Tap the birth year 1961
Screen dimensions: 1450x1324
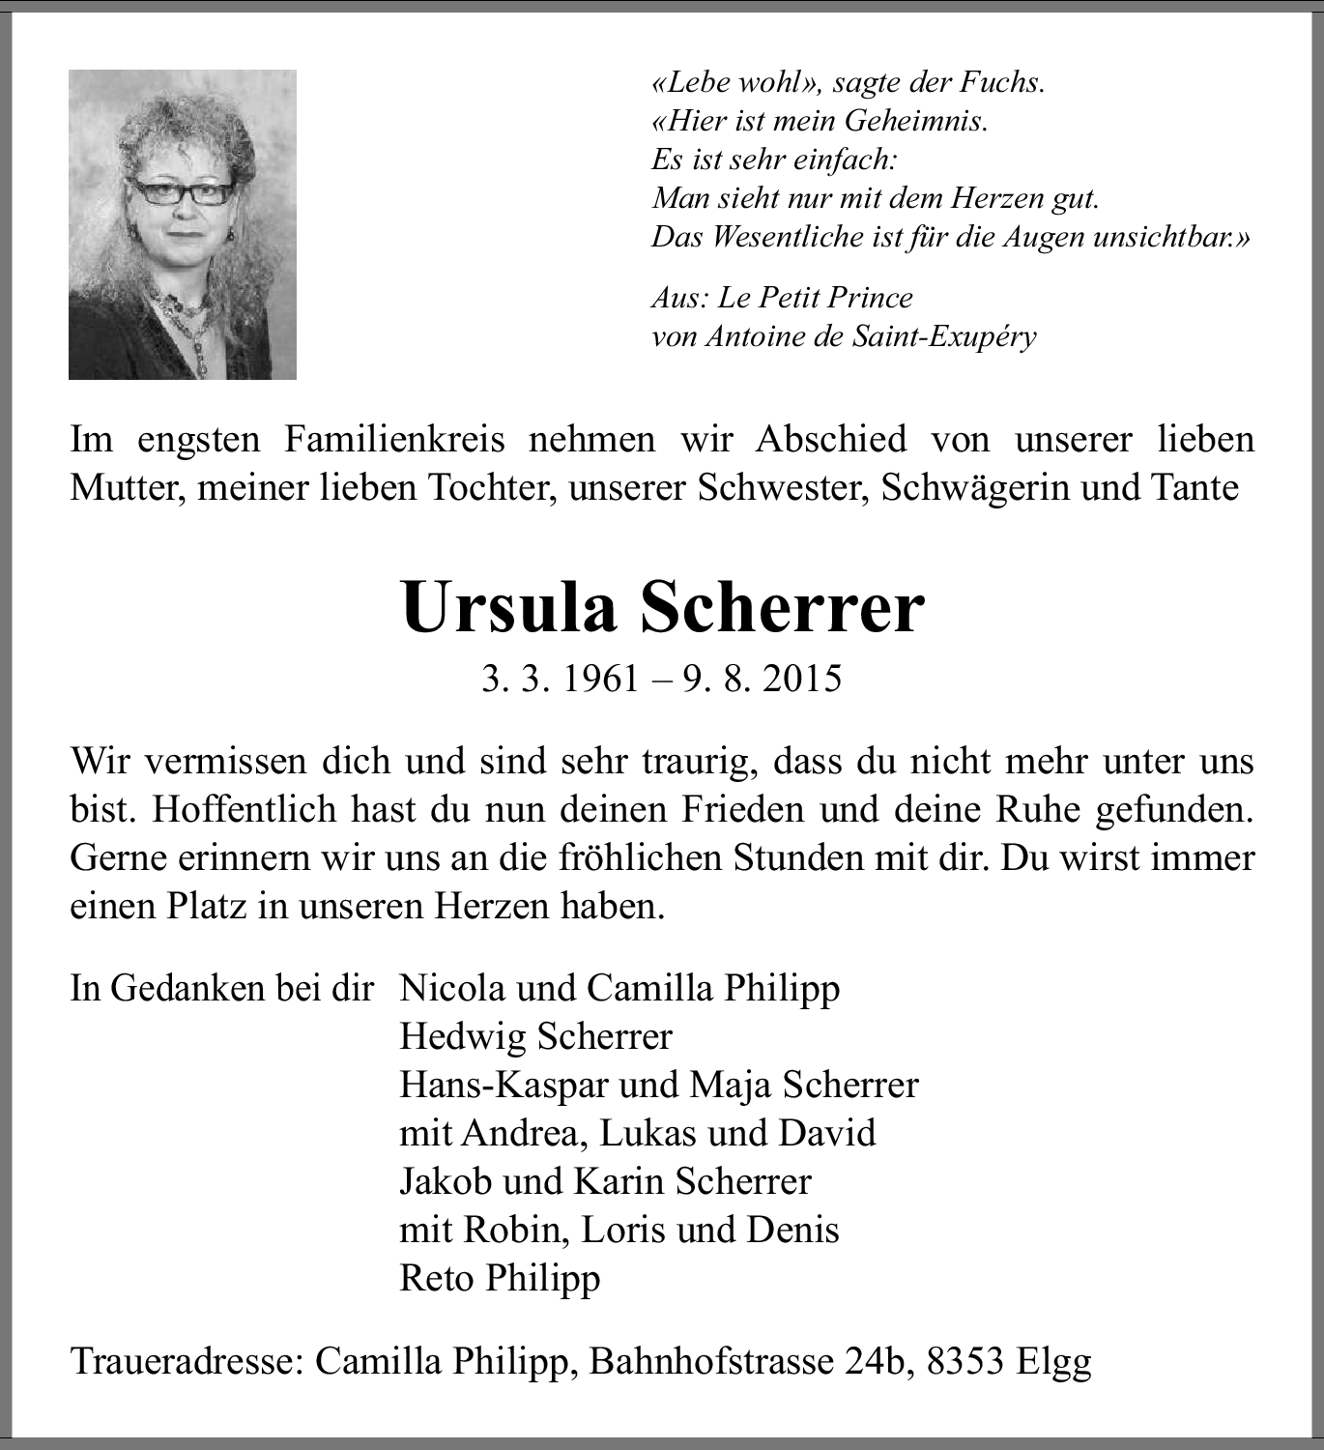click(x=601, y=679)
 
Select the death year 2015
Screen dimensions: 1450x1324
click(x=801, y=679)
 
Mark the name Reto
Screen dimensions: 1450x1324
click(x=437, y=1278)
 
